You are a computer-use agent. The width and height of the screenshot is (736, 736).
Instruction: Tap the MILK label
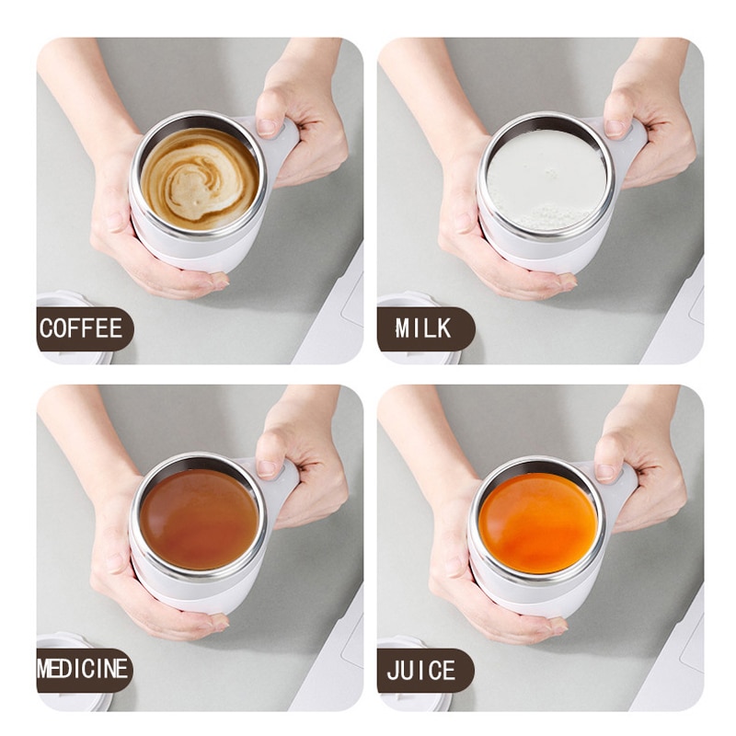tap(424, 328)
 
